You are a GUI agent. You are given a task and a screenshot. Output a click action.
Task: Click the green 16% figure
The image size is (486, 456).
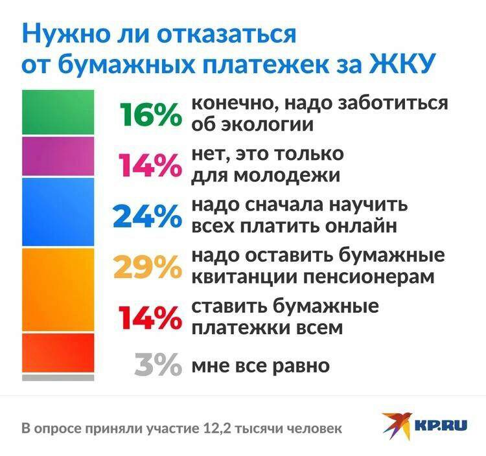(151, 114)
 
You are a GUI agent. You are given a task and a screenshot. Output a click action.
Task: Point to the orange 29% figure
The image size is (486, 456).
(148, 267)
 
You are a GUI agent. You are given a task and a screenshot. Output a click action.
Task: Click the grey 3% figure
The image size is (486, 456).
(158, 364)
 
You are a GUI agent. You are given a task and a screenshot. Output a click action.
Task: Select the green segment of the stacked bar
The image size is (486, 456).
(58, 112)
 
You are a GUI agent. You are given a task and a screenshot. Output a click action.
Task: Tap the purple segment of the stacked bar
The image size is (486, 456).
(58, 157)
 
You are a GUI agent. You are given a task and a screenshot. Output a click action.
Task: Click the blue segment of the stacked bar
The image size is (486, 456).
(58, 212)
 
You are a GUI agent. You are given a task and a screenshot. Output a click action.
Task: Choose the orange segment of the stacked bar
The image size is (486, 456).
(58, 290)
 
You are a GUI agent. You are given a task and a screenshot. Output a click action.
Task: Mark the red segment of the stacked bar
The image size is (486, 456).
(58, 353)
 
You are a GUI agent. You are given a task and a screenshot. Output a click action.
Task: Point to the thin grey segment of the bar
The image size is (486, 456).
(58, 378)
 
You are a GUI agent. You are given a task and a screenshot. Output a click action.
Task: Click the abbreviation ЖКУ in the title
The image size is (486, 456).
(400, 64)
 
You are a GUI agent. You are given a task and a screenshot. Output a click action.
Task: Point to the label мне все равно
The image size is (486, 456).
(260, 366)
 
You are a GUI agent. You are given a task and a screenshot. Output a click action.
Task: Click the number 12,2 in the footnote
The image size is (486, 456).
(218, 429)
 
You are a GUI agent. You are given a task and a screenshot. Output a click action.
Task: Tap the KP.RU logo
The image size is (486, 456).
(423, 426)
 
